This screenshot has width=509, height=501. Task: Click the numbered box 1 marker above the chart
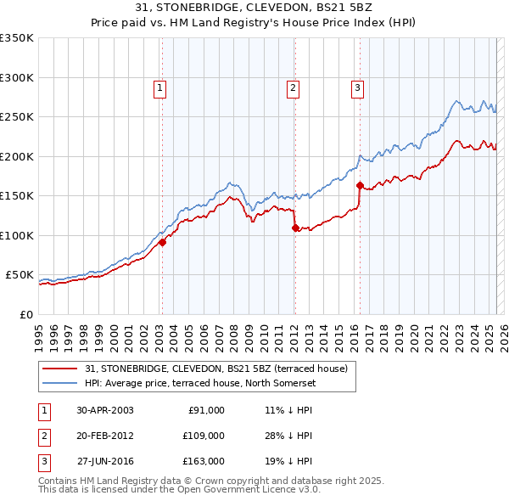(x=160, y=86)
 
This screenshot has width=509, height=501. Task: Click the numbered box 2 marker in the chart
(x=293, y=86)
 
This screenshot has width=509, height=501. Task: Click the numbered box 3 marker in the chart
(x=357, y=86)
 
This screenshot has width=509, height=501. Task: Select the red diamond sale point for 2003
(x=161, y=242)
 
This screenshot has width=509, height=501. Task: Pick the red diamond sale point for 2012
(x=294, y=228)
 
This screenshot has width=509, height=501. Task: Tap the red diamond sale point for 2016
(x=360, y=185)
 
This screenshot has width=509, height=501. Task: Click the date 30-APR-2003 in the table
(x=105, y=410)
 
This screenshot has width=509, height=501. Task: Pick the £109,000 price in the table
(x=204, y=436)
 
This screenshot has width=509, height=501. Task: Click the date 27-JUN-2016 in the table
(x=105, y=461)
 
